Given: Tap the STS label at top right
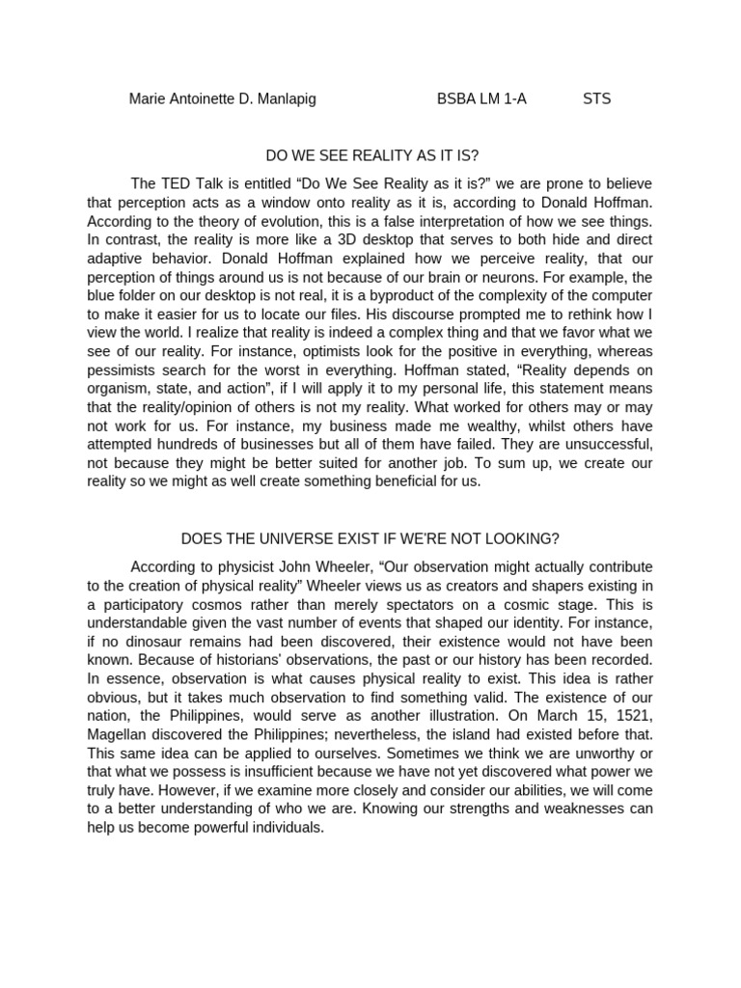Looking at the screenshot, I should point(596,98).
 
